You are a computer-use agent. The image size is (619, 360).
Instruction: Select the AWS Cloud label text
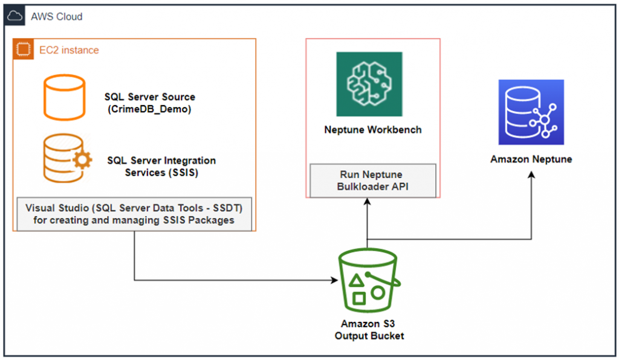[x=57, y=17]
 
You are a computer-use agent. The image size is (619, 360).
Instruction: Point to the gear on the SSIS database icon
[x=82, y=160]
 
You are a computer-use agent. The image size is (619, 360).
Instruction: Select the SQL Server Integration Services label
[x=161, y=166]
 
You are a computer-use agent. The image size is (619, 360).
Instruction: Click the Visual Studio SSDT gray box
[x=134, y=214]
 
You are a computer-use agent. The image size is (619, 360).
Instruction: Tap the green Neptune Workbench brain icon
[x=369, y=84]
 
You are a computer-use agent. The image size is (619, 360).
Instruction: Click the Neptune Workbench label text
[x=373, y=130]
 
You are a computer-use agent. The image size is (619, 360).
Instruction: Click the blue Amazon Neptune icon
[x=531, y=112]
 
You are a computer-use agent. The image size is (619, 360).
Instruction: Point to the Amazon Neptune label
[x=531, y=159]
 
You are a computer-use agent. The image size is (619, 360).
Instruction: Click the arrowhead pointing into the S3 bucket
[x=334, y=280]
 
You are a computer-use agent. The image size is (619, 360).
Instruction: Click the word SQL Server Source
[x=150, y=97]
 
